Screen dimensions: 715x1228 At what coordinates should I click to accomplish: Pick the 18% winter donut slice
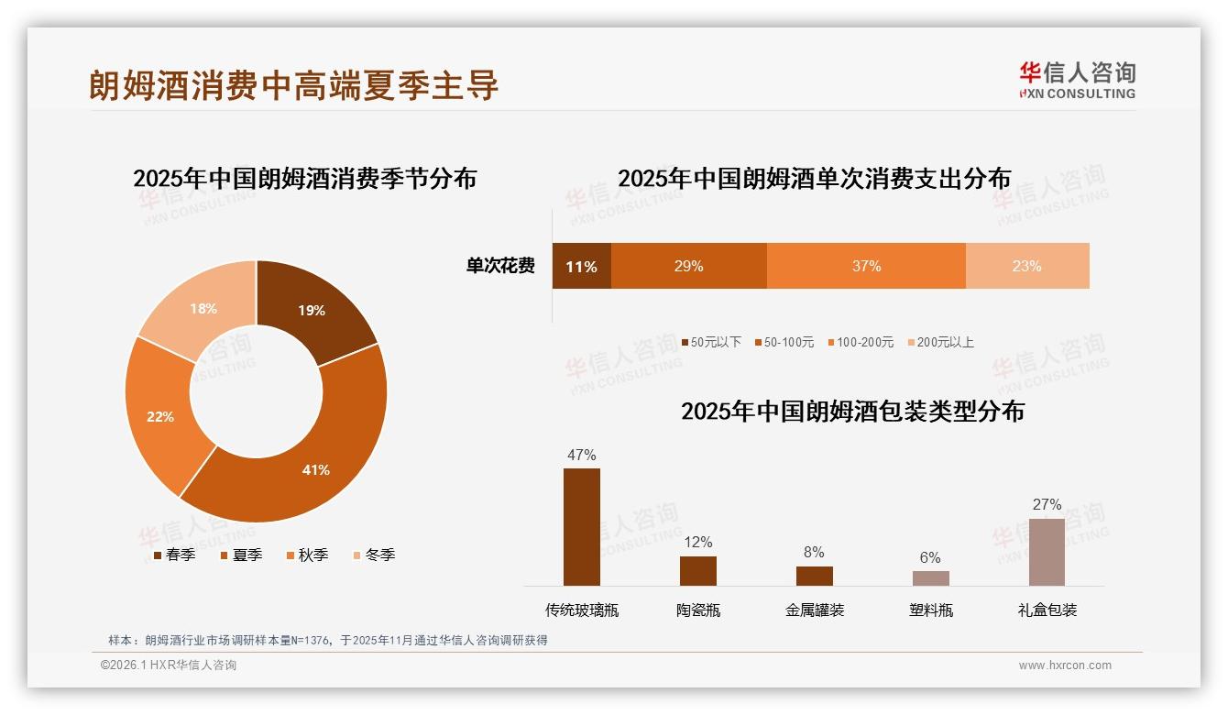202,308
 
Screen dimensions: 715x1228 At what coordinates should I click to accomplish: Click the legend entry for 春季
174,555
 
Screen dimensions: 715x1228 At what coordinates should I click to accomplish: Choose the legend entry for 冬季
373,555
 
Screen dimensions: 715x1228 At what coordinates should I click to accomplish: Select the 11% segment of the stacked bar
581,267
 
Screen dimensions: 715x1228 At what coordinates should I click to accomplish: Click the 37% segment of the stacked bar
866,267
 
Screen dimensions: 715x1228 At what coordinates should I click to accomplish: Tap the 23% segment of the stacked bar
1026,267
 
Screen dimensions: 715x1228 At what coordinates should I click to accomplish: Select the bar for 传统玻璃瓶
582,527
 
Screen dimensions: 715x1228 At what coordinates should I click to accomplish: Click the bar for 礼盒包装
1047,552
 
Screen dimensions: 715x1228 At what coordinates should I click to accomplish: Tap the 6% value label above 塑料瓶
930,557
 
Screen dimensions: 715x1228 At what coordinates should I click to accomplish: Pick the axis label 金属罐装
814,610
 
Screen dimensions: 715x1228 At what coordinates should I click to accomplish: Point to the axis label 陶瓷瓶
698,610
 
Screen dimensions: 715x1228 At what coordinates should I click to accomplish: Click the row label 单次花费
500,267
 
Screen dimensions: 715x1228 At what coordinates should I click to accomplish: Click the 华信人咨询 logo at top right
1077,81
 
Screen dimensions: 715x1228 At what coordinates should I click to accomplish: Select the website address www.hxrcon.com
1065,665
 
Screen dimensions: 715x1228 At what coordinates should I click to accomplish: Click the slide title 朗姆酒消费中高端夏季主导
293,85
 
